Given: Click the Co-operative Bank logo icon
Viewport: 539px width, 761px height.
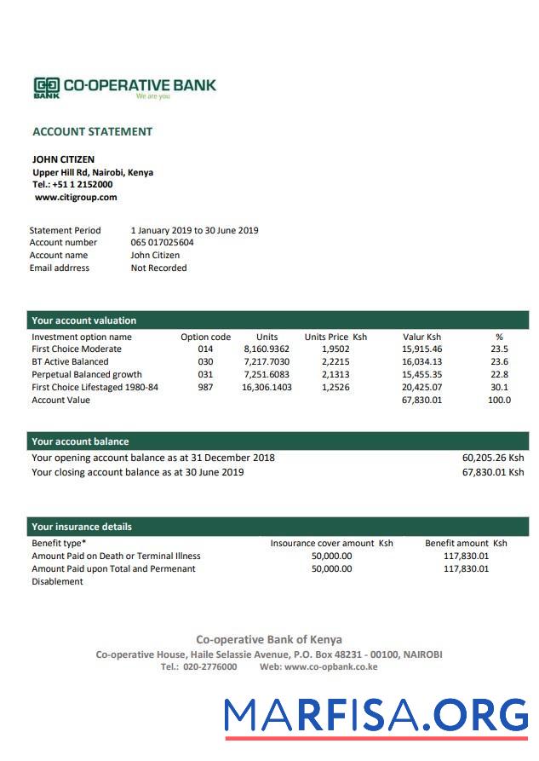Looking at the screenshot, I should [x=46, y=86].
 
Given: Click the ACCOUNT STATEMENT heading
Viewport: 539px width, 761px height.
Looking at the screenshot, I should [x=92, y=131].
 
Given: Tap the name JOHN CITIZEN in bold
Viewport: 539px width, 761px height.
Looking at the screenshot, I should [x=63, y=159].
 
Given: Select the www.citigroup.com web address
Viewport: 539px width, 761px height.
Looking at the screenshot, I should [x=76, y=197].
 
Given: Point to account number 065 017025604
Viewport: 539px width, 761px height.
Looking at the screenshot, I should [x=162, y=243].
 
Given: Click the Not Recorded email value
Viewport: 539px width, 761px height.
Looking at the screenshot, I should [x=158, y=268].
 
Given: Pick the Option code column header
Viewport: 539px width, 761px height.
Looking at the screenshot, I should [x=205, y=337].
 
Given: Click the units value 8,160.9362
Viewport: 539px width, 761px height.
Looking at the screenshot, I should [x=267, y=349].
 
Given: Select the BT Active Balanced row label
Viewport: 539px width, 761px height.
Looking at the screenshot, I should [x=70, y=361].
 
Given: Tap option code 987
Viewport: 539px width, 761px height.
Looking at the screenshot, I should [x=205, y=387].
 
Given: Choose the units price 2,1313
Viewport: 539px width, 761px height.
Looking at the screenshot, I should [x=335, y=374].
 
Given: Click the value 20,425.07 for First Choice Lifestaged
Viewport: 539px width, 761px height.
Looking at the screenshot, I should [x=421, y=387].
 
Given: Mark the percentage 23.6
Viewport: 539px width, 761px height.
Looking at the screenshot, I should [x=499, y=361].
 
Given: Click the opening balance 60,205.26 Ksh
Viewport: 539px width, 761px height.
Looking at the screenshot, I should [x=492, y=458].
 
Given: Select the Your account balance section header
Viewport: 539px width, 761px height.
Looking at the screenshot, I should [x=80, y=441].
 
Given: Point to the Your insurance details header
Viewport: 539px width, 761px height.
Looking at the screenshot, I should [x=82, y=527].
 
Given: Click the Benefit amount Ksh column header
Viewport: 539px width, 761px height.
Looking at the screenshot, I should [x=465, y=543].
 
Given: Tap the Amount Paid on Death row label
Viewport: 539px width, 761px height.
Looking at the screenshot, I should [x=116, y=556].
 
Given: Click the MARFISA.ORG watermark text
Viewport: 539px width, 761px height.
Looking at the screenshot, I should [x=376, y=715].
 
